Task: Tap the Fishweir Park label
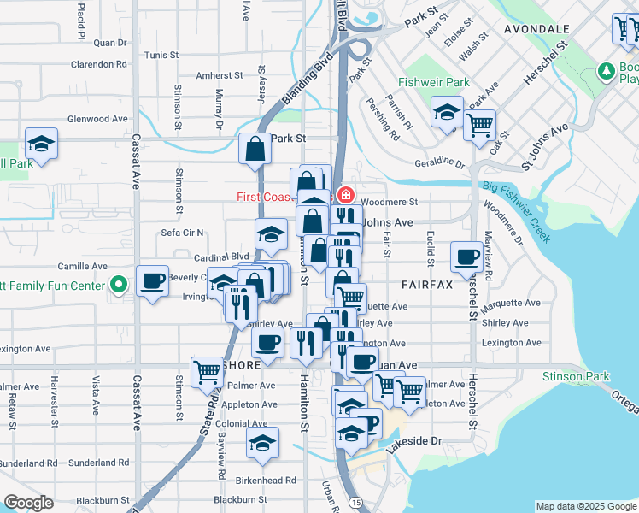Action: tap(433, 83)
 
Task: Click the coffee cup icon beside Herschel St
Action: tap(468, 256)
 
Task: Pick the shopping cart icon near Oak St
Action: tap(479, 124)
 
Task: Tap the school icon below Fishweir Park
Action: tap(447, 111)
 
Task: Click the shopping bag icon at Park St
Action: tap(255, 148)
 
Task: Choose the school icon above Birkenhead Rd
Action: tap(262, 441)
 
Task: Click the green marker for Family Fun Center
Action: tap(120, 284)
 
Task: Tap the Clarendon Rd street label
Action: tap(99, 64)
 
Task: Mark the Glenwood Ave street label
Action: tap(97, 119)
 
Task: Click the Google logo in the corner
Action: tap(29, 503)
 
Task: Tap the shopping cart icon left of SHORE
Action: tap(207, 370)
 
